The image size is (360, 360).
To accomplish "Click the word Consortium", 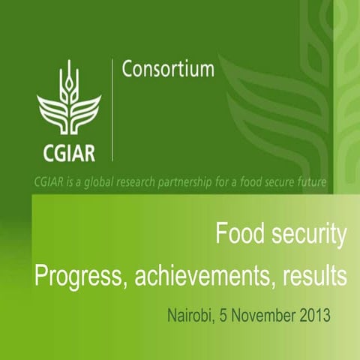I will (168, 70).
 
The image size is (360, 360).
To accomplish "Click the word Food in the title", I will (236, 235).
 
